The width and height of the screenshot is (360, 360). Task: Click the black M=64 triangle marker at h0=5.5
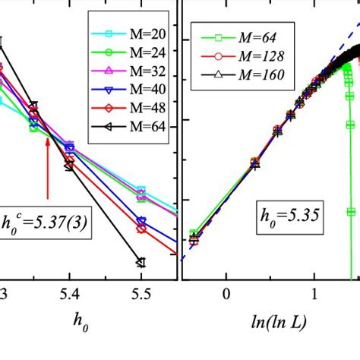141,263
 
